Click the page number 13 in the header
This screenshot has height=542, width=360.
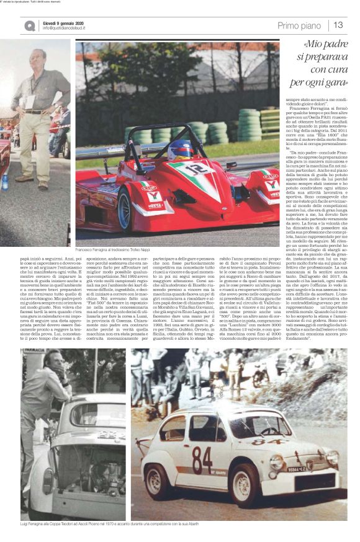tap(338, 25)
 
